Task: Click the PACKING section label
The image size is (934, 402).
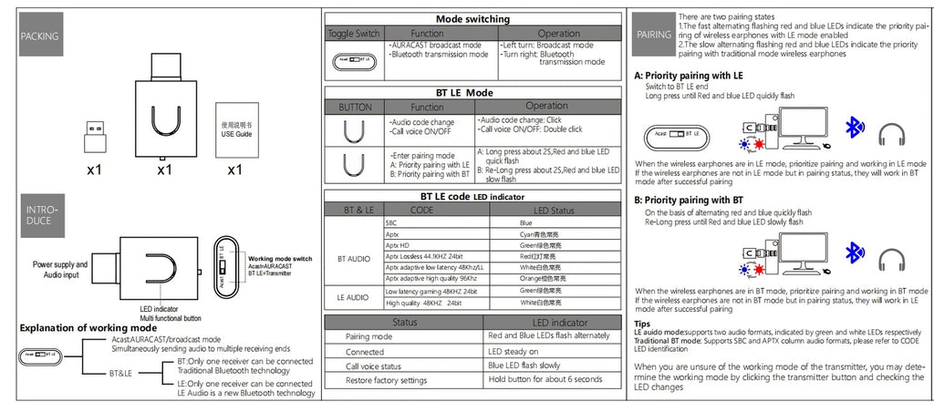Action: pyautogui.click(x=39, y=36)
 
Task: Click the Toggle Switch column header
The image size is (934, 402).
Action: pyautogui.click(x=354, y=33)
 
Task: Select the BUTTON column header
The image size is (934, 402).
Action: pyautogui.click(x=355, y=107)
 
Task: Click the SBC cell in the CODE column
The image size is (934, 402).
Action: pyautogui.click(x=392, y=222)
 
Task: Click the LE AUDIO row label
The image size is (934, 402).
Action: pyautogui.click(x=354, y=296)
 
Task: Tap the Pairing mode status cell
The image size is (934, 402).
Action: pyautogui.click(x=368, y=336)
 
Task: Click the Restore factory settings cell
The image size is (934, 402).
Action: pyautogui.click(x=385, y=379)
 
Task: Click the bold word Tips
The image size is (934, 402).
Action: pyautogui.click(x=642, y=323)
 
